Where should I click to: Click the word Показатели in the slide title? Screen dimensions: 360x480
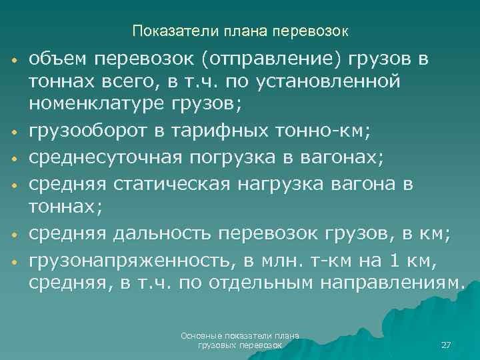(x=163, y=31)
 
